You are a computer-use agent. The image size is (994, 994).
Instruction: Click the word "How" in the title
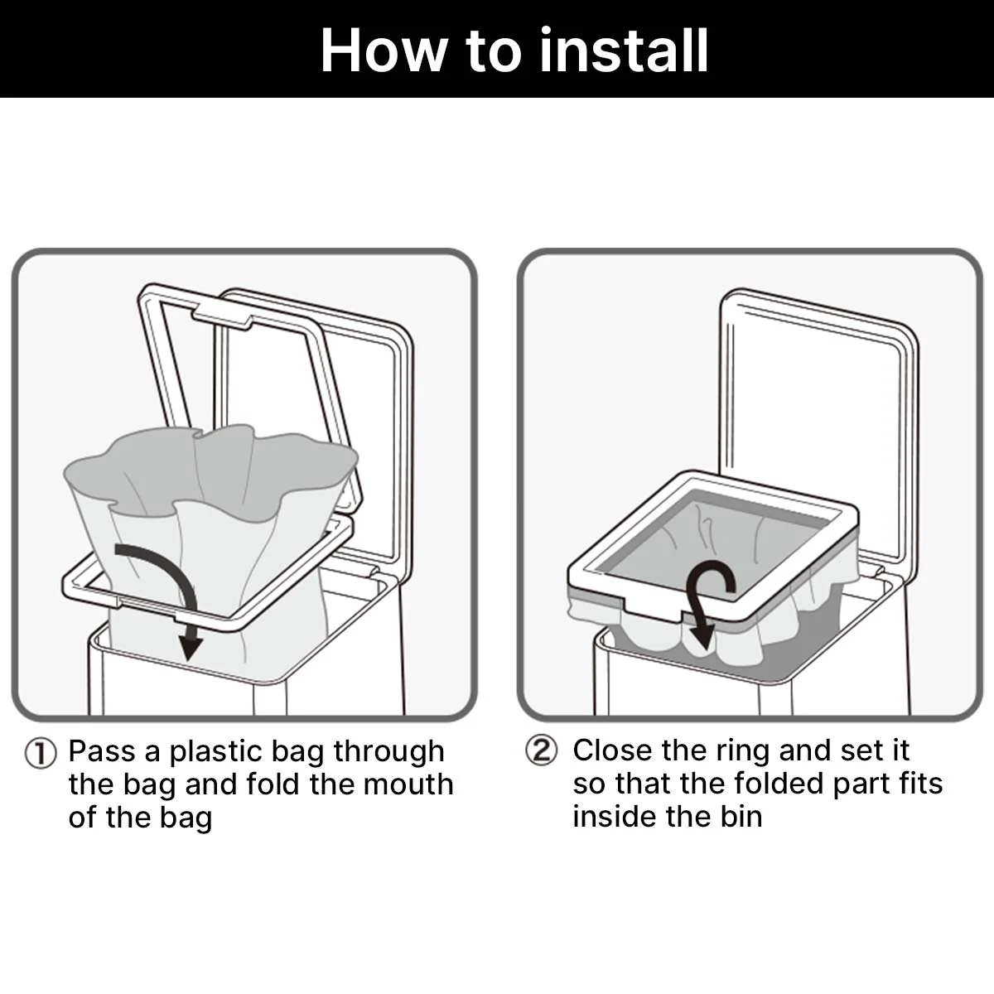click(384, 51)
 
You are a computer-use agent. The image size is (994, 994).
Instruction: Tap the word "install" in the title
click(624, 50)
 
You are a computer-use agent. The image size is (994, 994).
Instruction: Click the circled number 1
click(41, 754)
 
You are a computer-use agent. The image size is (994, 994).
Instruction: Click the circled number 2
click(542, 750)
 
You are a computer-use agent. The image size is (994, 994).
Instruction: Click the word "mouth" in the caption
click(408, 784)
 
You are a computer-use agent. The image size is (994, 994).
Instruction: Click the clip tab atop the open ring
click(222, 316)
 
